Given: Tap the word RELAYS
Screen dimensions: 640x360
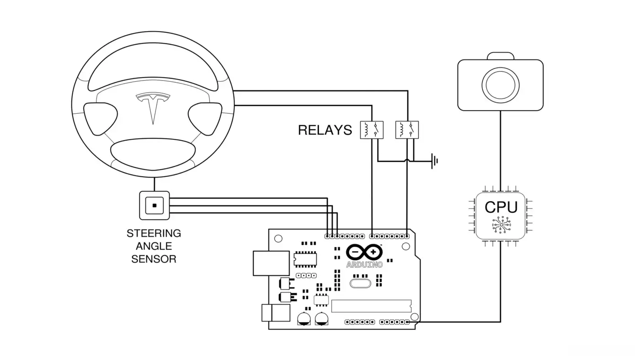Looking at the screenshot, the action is pos(325,130).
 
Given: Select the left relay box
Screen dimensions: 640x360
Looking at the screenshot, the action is pos(371,130).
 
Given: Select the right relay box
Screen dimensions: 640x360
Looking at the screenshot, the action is pos(407,130).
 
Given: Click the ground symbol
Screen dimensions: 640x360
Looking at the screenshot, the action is pos(435,161).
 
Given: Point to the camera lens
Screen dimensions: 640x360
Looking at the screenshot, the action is pos(500,85).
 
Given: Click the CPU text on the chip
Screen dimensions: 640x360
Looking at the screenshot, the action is pos(501,207).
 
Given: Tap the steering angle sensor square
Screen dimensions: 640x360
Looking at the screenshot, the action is pos(155,206).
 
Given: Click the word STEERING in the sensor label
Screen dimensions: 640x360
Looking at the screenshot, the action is pos(154,233).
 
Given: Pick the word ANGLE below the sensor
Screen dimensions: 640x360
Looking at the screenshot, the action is pos(154,246).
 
